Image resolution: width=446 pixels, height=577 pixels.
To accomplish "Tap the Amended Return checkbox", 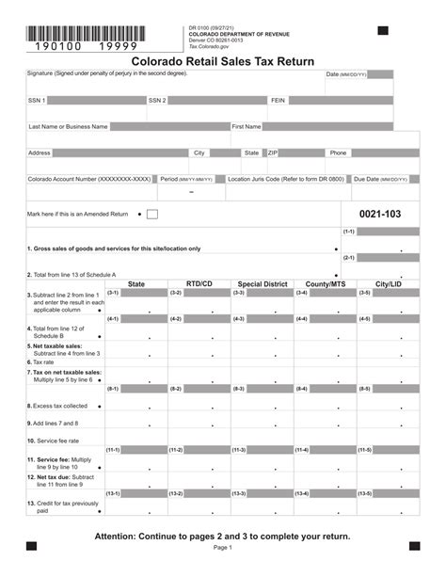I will coord(152,215).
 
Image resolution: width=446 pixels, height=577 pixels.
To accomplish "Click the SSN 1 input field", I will coord(95,100).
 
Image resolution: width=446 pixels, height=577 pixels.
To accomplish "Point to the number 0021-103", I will coord(379,215).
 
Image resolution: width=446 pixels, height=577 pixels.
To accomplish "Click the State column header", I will coord(136,283).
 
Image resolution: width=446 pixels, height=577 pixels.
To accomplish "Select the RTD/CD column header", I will coord(199,283).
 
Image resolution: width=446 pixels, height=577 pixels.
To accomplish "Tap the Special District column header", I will coord(262,283).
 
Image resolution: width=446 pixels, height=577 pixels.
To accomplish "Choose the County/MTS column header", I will coord(325,283).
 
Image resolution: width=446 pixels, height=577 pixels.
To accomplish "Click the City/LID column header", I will coord(388,283).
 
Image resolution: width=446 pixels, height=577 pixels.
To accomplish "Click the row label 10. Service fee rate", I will coord(53,441).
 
